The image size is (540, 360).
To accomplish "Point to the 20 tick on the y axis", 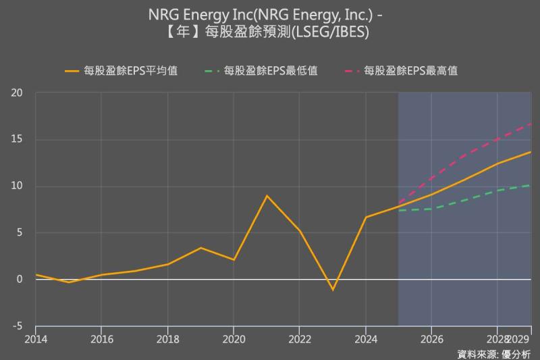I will click(17, 93).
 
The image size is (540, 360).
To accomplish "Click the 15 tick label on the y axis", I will click(17, 140).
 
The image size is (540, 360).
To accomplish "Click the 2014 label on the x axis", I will click(35, 338).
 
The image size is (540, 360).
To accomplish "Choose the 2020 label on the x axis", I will click(234, 338).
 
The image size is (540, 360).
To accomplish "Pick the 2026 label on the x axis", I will click(431, 338).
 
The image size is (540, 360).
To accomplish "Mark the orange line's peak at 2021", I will click(267, 196).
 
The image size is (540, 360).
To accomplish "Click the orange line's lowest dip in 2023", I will click(333, 290).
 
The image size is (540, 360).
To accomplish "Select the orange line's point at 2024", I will click(366, 217).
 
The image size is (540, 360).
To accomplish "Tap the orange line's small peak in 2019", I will click(200, 248).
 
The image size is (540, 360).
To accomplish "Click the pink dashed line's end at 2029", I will click(531, 124).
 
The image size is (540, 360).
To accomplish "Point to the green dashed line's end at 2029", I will click(531, 184).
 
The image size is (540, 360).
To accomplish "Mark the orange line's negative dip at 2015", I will click(68, 282).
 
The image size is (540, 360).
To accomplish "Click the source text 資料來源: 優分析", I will click(493, 354).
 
